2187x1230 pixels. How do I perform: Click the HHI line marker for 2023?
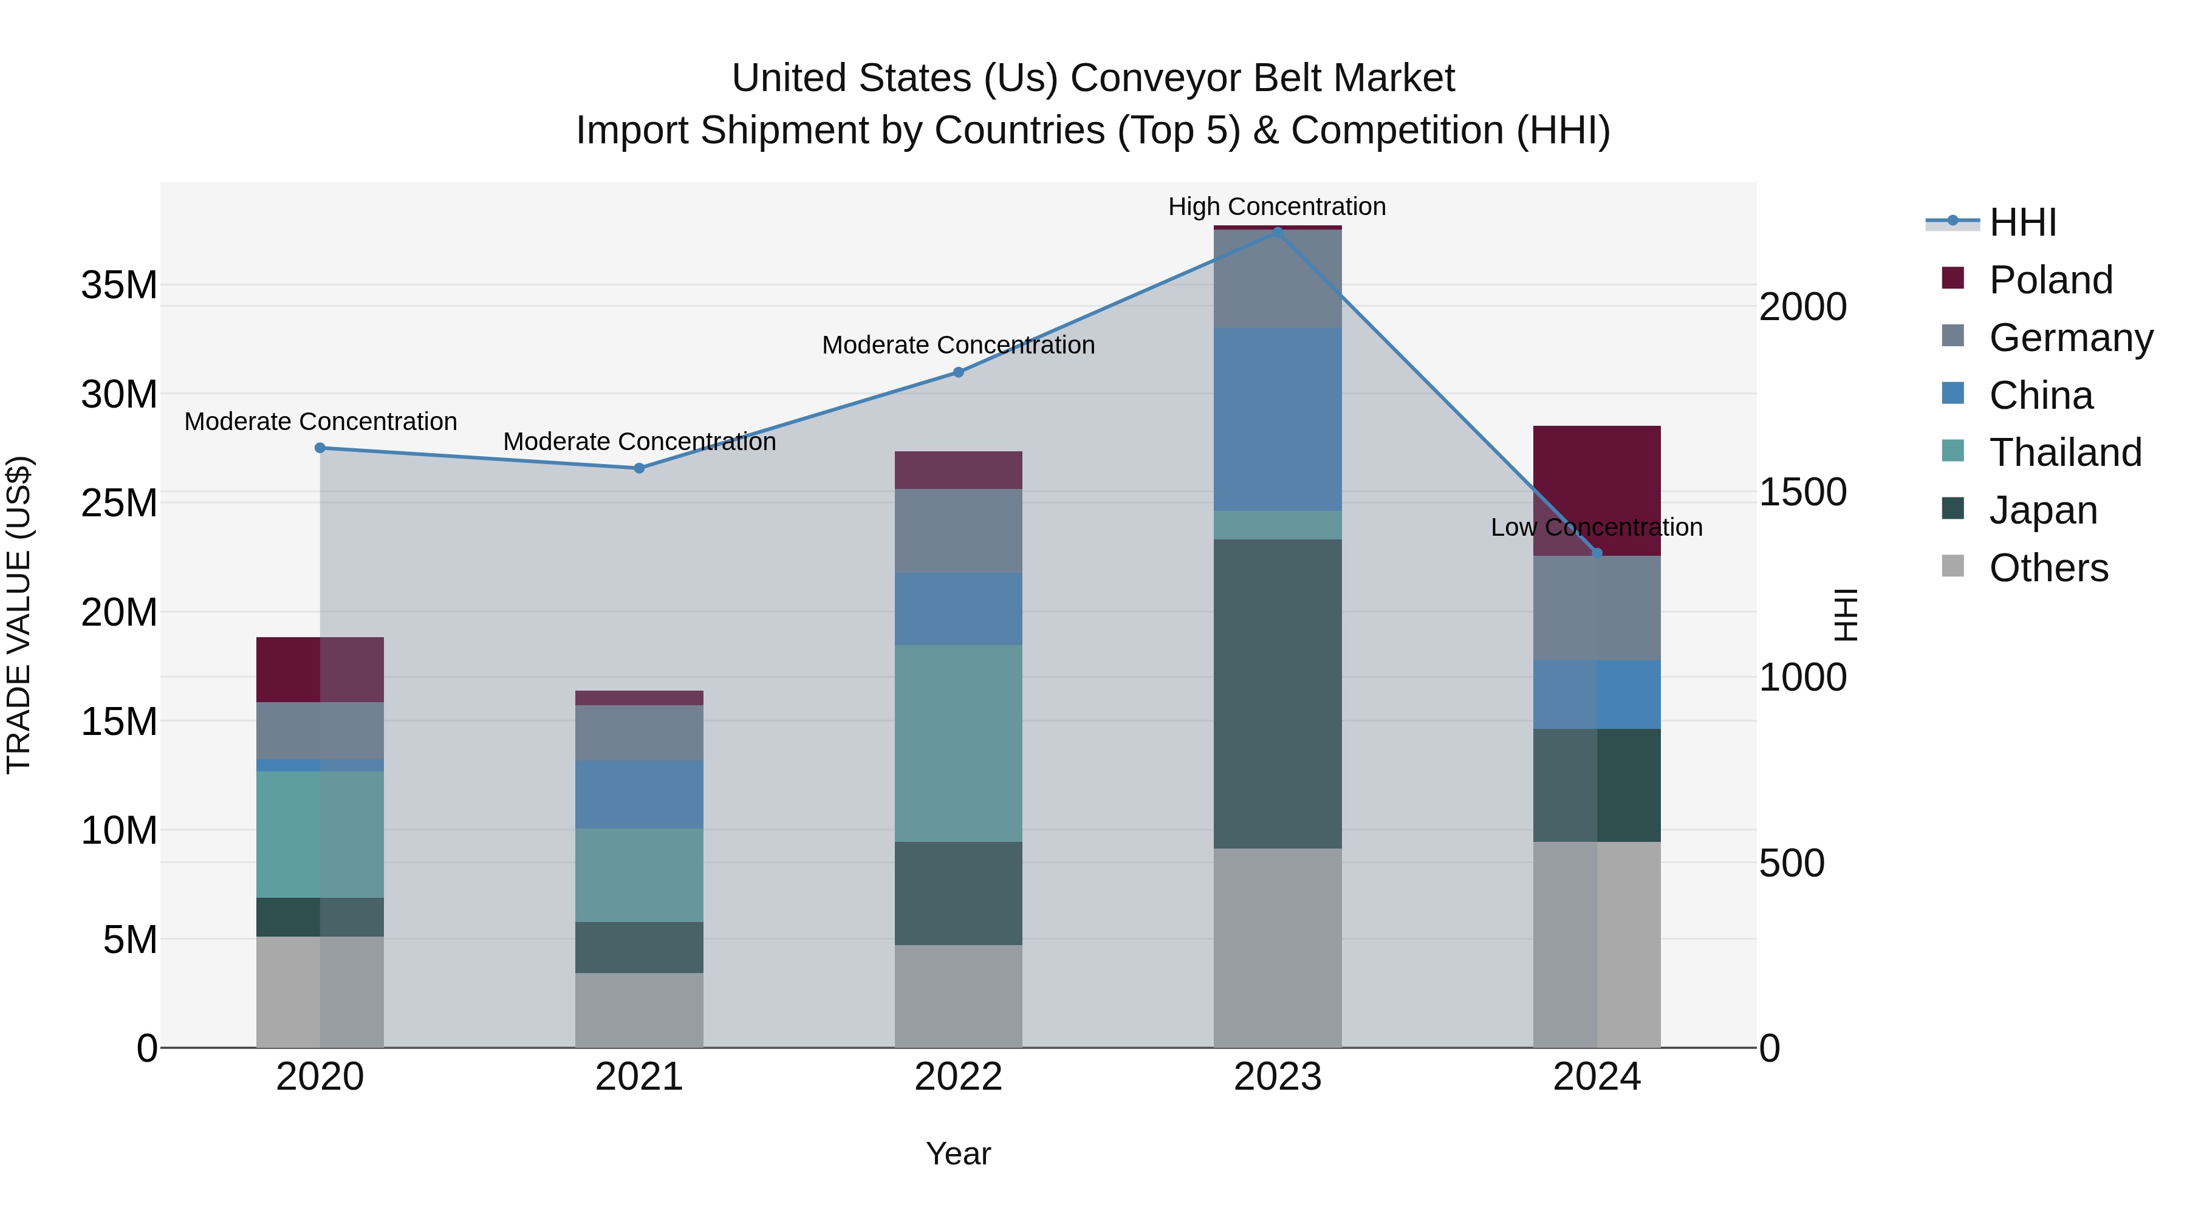click(x=1277, y=232)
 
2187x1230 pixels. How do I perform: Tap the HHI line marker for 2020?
click(x=320, y=448)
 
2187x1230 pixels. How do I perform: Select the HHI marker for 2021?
click(x=639, y=468)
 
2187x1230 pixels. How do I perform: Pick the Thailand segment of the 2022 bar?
click(x=959, y=743)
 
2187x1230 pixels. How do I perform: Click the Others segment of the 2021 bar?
click(x=639, y=1010)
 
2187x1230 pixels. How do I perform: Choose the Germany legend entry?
click(x=2070, y=338)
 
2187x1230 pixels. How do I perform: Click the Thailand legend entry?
click(x=2065, y=453)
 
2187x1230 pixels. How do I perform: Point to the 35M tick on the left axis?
click(x=119, y=285)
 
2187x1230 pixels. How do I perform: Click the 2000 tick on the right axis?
click(x=1802, y=307)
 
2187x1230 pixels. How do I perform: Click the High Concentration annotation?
click(x=1277, y=207)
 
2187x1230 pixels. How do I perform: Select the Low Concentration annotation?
click(x=1596, y=527)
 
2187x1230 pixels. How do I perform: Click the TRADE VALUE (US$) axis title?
click(x=19, y=615)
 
